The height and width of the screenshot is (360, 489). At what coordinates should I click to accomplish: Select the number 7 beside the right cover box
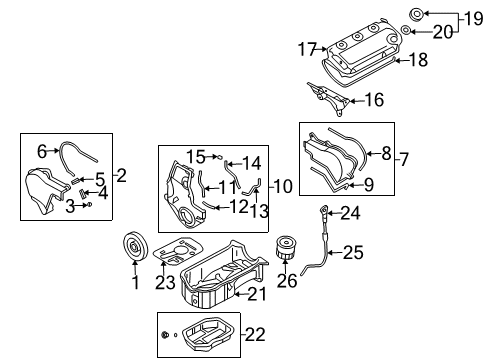[x=405, y=158]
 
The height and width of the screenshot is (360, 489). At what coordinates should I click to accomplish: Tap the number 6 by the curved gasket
[x=41, y=150]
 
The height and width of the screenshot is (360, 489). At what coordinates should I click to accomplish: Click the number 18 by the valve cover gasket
[x=421, y=60]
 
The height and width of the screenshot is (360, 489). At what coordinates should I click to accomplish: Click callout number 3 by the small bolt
[x=71, y=205]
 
